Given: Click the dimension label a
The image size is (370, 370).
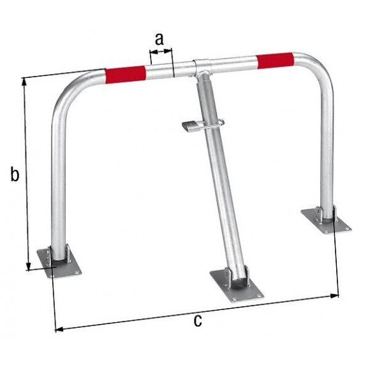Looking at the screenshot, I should [x=159, y=39].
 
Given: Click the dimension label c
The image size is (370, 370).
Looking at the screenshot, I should [x=198, y=320].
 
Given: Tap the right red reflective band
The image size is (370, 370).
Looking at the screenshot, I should [x=275, y=61].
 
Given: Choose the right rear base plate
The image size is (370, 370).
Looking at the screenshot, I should [x=325, y=221].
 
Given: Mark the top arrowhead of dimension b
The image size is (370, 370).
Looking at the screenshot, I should [x=25, y=82].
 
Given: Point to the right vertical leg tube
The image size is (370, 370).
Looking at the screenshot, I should [x=327, y=153].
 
